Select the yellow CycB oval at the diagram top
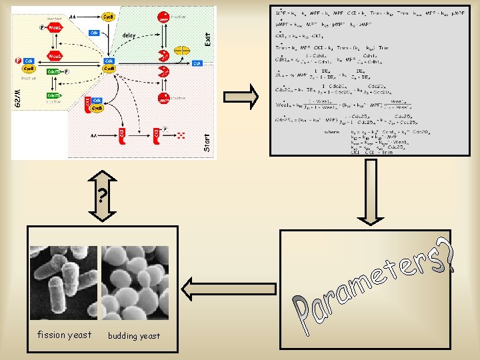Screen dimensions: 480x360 click(x=107, y=15)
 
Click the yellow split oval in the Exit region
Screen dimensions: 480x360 click(x=182, y=51)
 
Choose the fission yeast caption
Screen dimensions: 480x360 click(x=64, y=335)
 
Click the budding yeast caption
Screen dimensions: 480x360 click(x=134, y=335)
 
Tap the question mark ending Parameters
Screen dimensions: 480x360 click(x=451, y=255)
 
